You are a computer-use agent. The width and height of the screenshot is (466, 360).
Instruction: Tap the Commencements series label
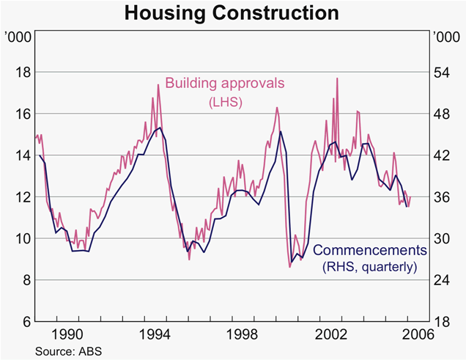click(x=369, y=250)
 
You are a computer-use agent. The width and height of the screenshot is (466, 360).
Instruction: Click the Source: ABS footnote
click(x=67, y=351)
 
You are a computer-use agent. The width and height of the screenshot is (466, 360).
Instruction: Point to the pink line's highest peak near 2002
click(x=336, y=78)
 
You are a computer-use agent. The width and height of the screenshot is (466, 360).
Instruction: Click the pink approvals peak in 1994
click(x=158, y=85)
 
